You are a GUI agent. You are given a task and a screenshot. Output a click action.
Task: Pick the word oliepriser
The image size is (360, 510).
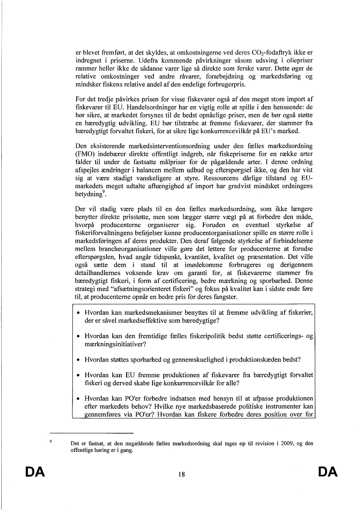click(x=298, y=60)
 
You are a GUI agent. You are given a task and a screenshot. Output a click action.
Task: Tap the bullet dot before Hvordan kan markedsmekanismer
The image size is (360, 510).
click(x=78, y=313)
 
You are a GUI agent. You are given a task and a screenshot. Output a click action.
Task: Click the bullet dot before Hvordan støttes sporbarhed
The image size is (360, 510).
click(x=78, y=360)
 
